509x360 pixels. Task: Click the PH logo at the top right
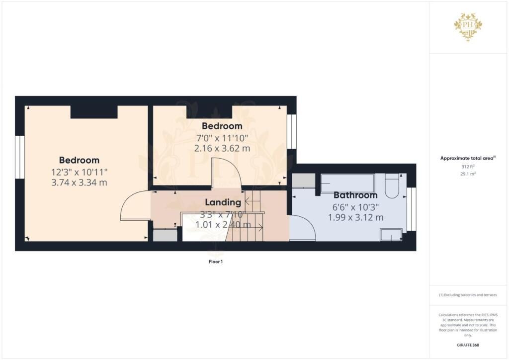468,27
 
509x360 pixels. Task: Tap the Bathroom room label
355,195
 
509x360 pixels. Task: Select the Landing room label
223,202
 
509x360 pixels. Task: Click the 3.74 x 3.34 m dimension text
80,182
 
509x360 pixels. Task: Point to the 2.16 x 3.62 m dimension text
222,148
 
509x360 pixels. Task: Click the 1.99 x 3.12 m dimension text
355,217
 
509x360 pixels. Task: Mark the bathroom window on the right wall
411,209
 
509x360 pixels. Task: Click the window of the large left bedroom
19,157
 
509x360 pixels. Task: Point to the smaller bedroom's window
292,132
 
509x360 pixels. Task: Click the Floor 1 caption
215,261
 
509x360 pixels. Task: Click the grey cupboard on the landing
165,235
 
